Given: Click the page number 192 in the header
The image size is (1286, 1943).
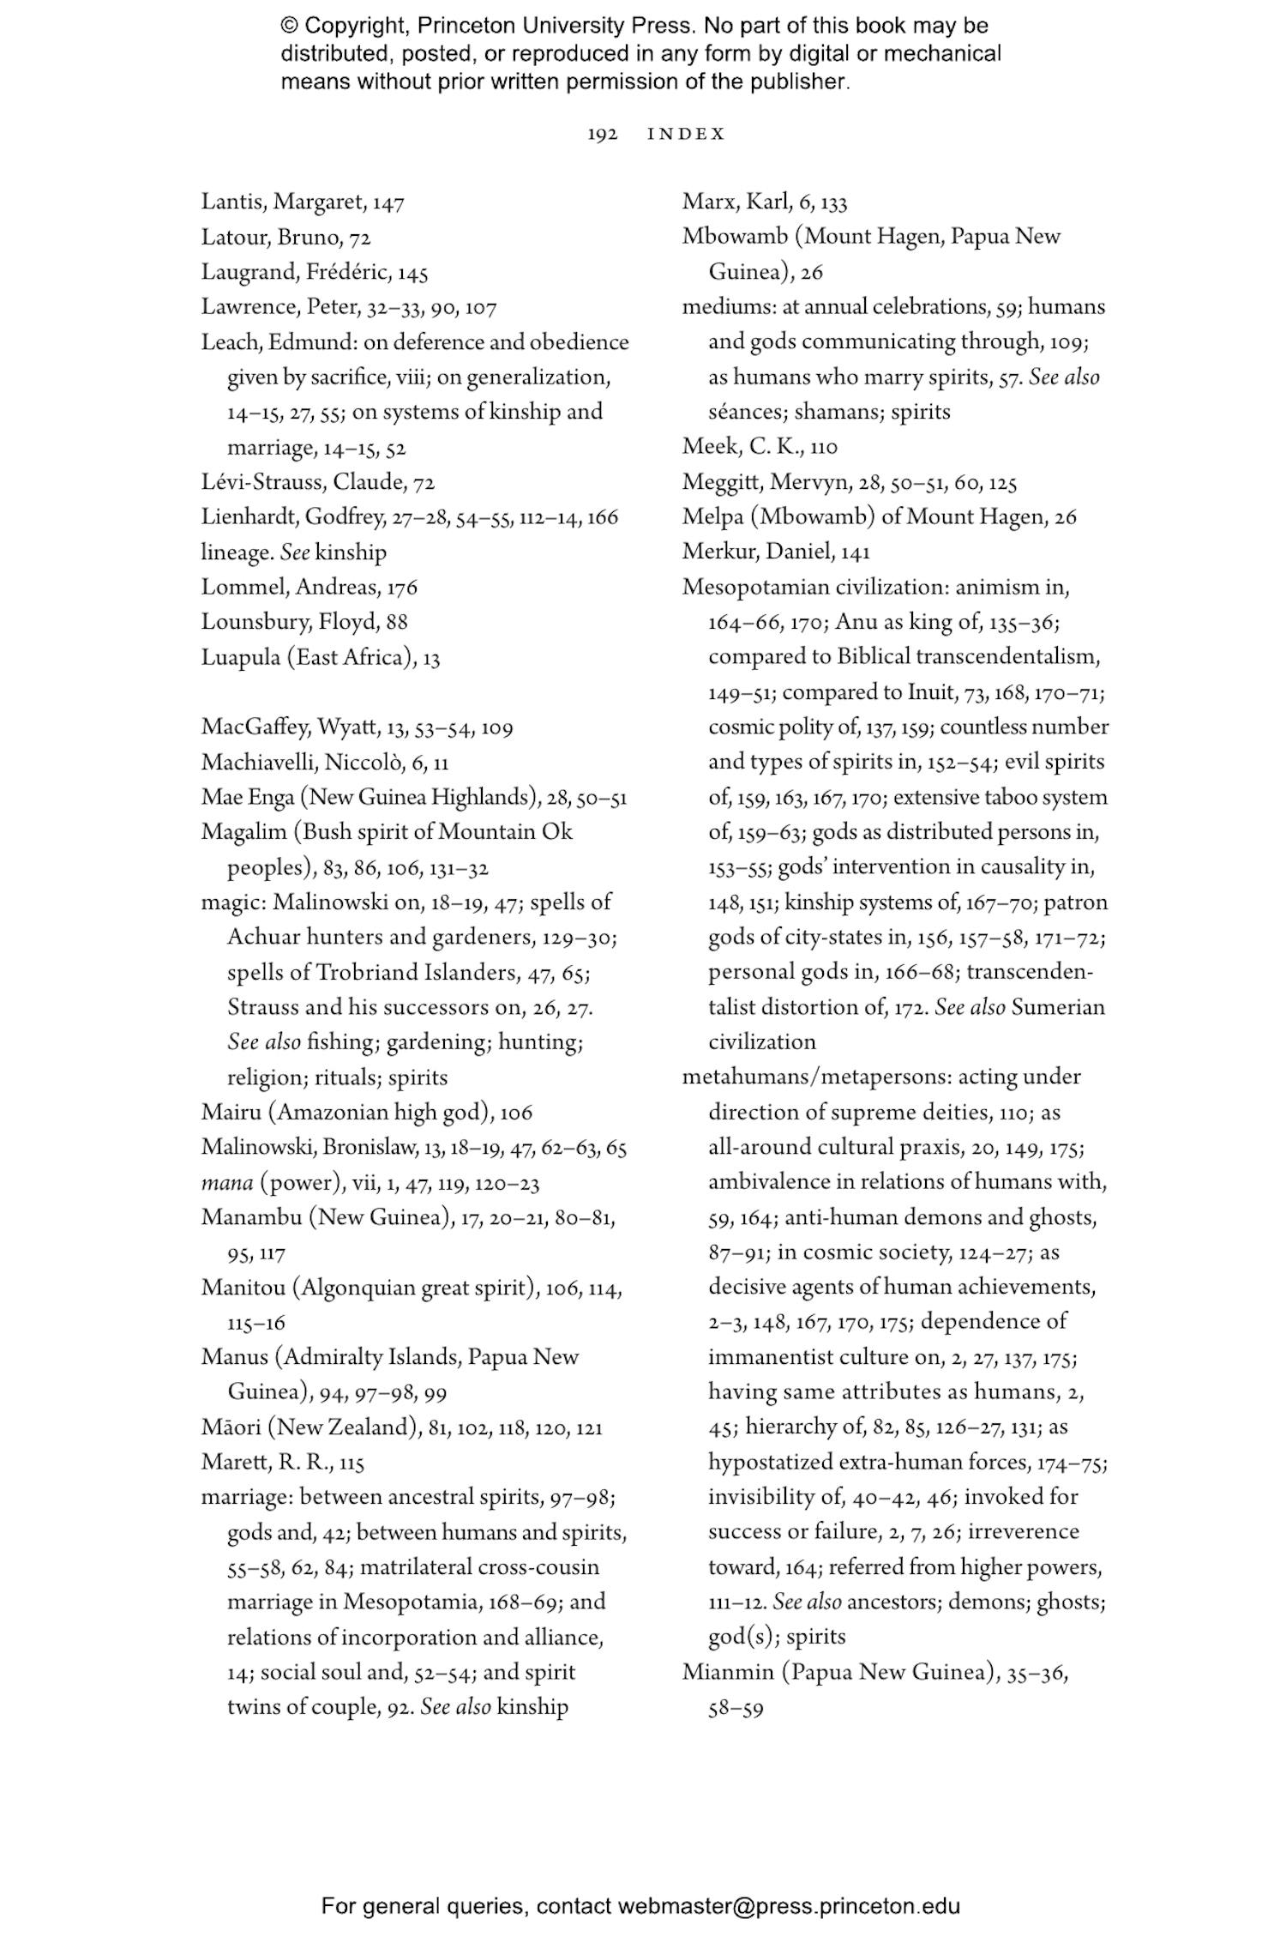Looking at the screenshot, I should point(603,134).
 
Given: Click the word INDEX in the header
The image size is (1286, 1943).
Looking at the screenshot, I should point(686,134).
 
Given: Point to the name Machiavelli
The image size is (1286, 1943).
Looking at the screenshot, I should point(258,763).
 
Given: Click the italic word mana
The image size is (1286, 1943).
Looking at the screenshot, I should point(226,1184).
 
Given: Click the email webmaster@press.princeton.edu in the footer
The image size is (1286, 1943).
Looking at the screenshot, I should point(788,1906).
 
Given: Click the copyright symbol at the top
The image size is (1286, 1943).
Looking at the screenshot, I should point(289,26).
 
